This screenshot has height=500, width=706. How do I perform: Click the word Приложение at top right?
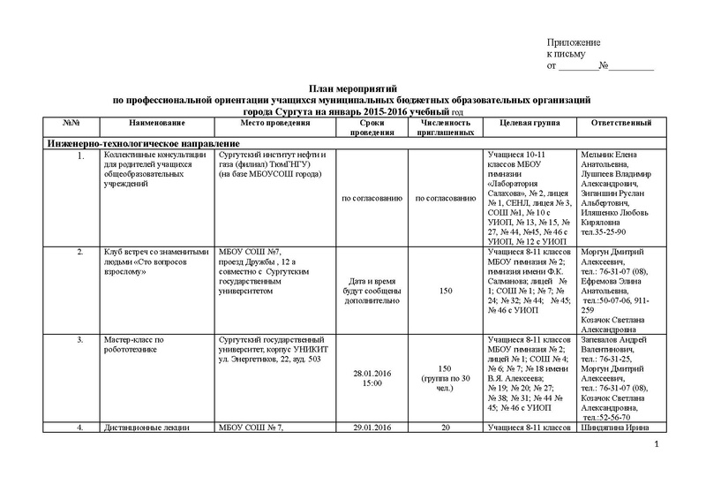tap(574, 43)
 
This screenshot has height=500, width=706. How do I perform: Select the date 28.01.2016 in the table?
tap(370, 375)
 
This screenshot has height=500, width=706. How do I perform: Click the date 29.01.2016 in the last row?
tap(370, 429)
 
